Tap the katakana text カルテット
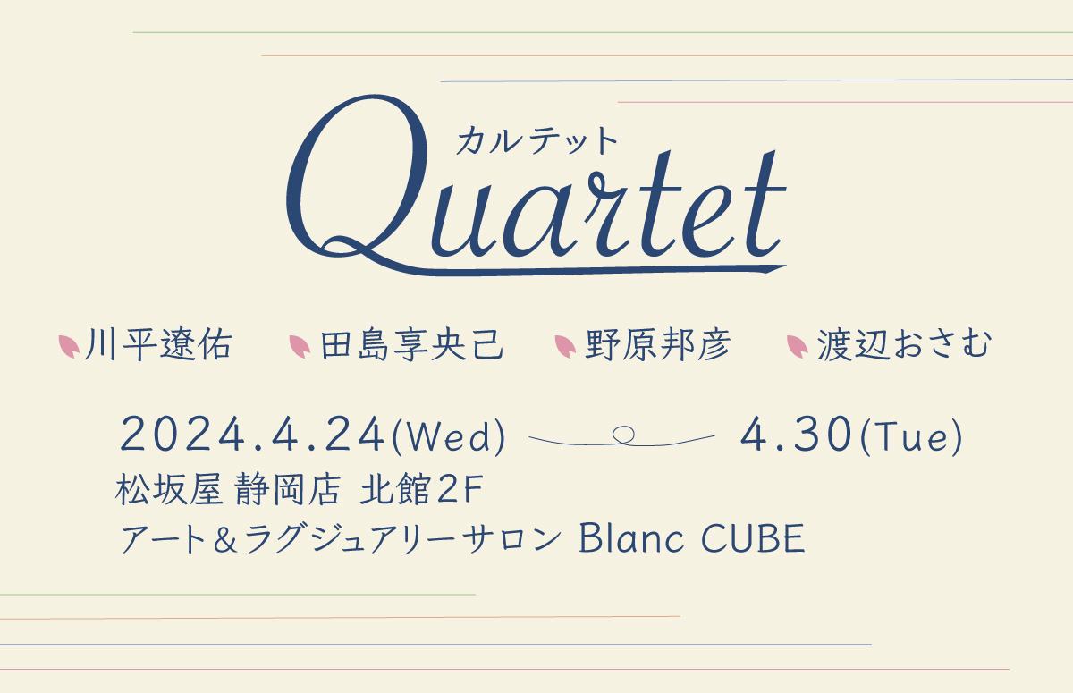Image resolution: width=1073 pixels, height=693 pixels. pos(536,140)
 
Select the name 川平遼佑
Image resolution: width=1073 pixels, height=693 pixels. pos(159,344)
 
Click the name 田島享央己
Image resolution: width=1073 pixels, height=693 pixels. pos(411,344)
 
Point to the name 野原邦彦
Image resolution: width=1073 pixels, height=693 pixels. pos(658,344)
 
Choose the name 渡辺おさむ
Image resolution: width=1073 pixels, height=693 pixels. pos(904,344)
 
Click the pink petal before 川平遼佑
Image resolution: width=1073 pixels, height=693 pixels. pos(69,346)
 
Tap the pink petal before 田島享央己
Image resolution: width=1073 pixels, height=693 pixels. pos(300,346)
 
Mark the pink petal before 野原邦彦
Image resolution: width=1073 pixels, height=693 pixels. pos(565,346)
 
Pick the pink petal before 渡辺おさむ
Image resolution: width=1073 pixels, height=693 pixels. pos(798,346)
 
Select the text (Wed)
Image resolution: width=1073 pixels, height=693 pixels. pos(448,436)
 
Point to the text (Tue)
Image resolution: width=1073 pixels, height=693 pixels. pos(911,436)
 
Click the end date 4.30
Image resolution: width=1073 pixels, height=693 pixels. pos(796,434)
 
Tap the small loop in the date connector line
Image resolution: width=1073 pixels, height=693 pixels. pos(623,435)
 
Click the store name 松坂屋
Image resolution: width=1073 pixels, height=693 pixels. pos(169,489)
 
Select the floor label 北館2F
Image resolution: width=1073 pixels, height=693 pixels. pos(421,489)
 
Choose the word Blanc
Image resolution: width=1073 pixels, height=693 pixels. pos(631,538)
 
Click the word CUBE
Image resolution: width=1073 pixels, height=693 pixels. pos(753,538)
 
